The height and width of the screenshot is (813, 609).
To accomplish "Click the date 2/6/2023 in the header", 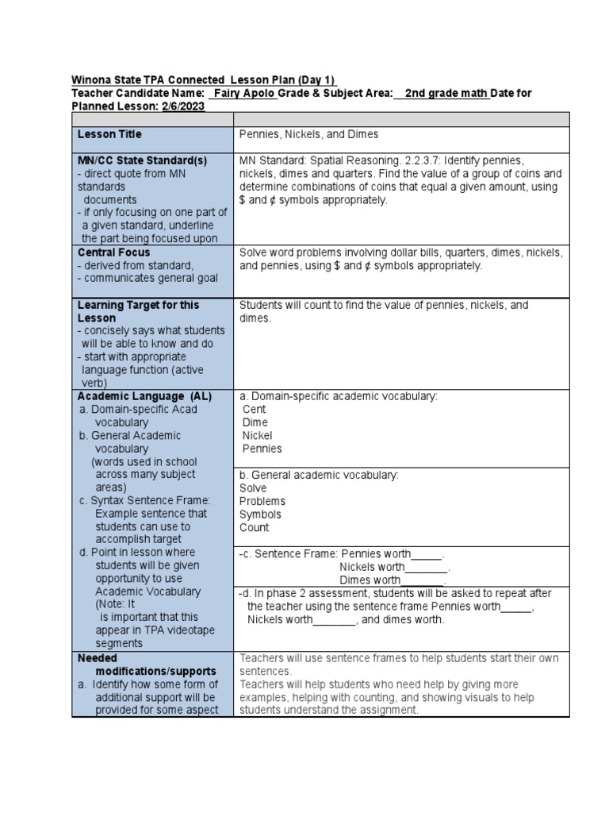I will [x=183, y=106].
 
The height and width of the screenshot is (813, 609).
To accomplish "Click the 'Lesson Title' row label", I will [x=108, y=135].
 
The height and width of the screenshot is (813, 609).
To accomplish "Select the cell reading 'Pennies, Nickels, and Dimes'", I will [x=308, y=135].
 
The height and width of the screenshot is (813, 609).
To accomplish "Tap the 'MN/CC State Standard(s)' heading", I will [x=142, y=160].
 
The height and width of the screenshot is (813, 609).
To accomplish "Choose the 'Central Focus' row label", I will [x=114, y=252].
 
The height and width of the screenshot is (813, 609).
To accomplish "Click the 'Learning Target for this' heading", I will [x=138, y=305].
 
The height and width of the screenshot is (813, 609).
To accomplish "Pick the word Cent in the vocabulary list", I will [x=255, y=410].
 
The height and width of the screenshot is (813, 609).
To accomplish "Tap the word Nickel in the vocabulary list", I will [x=257, y=435].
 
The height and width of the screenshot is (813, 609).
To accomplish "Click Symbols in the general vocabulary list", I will [x=260, y=514].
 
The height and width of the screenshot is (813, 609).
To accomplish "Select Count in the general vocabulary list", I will [x=254, y=527].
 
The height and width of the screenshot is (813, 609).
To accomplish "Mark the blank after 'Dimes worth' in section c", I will [x=423, y=580].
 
